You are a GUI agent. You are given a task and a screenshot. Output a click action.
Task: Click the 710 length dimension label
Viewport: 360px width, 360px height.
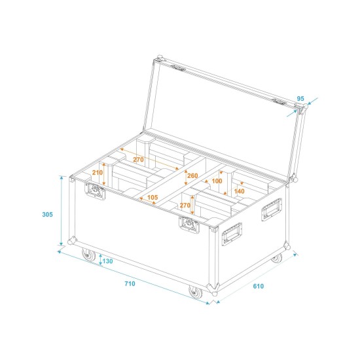130,283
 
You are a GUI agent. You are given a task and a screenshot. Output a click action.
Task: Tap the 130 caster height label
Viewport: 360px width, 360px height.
108,261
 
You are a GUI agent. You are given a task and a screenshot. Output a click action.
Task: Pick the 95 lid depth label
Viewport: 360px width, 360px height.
300,99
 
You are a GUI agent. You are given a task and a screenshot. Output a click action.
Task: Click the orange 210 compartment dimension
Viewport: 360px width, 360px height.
98,172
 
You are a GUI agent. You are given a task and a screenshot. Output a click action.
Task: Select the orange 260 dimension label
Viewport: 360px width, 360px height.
192,176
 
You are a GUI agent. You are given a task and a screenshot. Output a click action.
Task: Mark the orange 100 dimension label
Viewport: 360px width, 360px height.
217,181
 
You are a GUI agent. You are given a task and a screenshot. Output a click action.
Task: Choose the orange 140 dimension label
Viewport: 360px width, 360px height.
239,191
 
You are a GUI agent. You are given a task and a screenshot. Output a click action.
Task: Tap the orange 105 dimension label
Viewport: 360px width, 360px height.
153,198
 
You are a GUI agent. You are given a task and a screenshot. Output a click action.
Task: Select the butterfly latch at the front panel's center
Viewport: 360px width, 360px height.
190,224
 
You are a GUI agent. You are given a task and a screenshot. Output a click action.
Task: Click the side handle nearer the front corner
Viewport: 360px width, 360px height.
232,232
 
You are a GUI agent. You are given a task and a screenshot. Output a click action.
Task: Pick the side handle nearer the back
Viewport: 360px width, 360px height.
272,209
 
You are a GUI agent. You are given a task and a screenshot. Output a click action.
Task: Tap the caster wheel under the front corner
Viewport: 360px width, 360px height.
196,291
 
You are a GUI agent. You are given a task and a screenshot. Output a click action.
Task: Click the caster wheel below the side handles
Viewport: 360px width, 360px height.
277,258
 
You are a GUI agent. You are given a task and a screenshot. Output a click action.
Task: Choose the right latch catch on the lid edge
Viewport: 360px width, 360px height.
279,101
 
